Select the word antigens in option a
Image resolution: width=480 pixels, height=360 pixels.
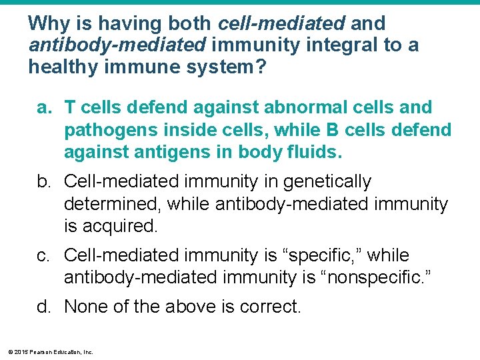[175, 153]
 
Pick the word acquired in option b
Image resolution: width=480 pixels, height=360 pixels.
[120, 226]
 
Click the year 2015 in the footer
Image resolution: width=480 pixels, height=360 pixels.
[19, 351]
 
